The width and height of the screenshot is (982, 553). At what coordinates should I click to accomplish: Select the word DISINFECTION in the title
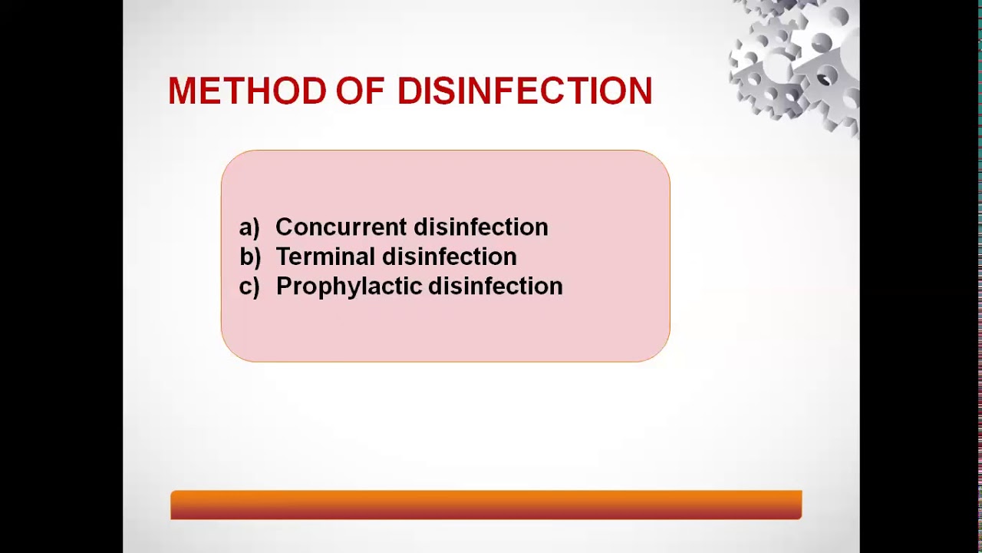525,91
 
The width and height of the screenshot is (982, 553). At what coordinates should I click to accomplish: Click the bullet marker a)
249,227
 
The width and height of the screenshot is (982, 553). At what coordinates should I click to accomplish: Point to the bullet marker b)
250,257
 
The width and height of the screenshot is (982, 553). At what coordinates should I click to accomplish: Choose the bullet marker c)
249,286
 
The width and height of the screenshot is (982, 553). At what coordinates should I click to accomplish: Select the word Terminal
325,257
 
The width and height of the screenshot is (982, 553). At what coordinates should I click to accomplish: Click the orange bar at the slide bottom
486,505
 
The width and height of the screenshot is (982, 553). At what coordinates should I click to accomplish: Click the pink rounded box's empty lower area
445,330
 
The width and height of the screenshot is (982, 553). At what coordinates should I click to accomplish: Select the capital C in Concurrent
283,227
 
